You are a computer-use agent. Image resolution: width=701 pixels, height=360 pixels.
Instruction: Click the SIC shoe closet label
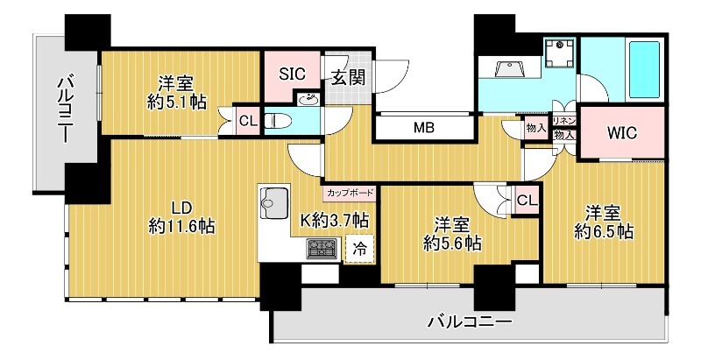tap(292, 74)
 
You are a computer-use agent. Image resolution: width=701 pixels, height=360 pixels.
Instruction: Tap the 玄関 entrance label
tap(348, 77)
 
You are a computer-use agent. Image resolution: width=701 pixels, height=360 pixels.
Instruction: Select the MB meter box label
tap(424, 128)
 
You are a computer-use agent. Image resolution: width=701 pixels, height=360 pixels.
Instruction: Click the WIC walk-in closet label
tap(622, 132)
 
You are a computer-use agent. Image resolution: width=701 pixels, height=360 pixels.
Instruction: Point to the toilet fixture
tap(278, 120)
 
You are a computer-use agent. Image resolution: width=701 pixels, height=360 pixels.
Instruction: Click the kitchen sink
tap(273, 203)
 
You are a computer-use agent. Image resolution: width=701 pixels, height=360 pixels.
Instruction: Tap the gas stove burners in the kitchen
tap(322, 249)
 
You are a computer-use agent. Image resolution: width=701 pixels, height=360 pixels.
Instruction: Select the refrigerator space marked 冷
tap(360, 249)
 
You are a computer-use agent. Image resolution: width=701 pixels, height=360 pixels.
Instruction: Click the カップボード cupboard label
tap(350, 194)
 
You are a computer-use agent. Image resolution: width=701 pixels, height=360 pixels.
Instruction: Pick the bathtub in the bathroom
tap(644, 69)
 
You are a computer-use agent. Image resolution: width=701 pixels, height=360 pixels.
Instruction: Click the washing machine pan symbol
tap(560, 53)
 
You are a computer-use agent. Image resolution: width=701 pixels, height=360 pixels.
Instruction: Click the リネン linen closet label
tap(563, 121)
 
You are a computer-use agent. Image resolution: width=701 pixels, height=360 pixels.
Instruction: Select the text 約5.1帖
tap(177, 102)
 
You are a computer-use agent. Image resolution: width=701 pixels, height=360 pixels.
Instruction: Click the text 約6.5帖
tap(604, 231)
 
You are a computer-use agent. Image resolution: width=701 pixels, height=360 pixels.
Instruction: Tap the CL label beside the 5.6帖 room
tap(528, 201)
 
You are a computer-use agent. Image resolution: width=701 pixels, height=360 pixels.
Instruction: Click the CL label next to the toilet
tap(248, 121)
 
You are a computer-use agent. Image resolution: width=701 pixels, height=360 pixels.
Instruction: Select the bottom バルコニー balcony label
tap(469, 321)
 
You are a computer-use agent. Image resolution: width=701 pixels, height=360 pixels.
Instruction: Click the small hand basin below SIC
tap(308, 100)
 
